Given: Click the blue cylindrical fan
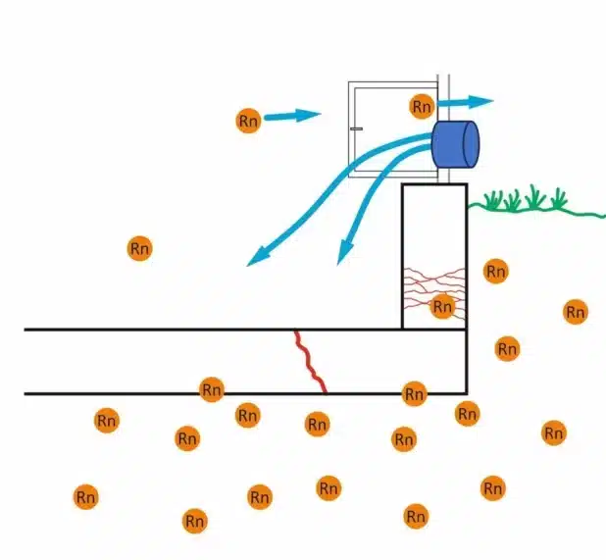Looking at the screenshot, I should point(455,144).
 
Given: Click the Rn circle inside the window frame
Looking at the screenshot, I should point(422,106).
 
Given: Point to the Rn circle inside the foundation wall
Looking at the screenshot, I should point(442,307).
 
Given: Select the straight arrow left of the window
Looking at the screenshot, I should point(291,117).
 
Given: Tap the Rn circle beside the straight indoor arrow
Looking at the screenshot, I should point(248,121).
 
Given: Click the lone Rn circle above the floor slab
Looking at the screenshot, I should point(139,248).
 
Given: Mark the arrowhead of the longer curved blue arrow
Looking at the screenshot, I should point(257,259).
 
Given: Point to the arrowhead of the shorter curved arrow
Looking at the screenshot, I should point(343,257).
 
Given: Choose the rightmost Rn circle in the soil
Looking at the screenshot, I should point(576,312).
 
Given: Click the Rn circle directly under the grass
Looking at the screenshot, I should point(496,271).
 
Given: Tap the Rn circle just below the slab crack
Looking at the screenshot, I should point(317,425).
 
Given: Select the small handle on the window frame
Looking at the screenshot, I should point(356,128).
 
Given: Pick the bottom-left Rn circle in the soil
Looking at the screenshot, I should point(85,497).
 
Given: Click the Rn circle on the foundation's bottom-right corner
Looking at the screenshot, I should point(468,413).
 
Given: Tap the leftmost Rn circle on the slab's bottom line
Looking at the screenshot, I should point(211,389).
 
